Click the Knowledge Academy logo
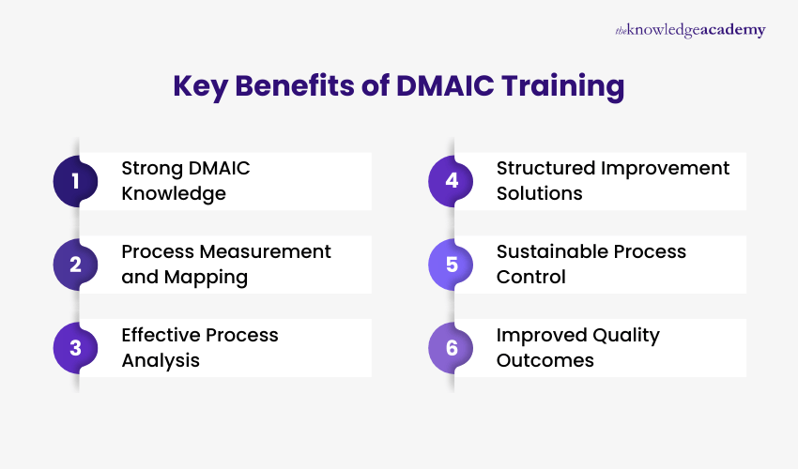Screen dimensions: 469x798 690,31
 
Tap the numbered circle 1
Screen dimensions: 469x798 76,181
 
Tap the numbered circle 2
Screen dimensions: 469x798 76,265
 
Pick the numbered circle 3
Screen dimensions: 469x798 76,348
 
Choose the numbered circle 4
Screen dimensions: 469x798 452,181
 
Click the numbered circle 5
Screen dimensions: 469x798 452,265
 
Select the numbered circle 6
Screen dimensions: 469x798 452,348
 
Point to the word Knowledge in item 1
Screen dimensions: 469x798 174,194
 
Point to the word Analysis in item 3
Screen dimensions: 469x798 161,361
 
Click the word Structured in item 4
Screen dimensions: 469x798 546,169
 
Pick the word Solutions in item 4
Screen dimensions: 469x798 539,194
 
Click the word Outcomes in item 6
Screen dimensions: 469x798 545,361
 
